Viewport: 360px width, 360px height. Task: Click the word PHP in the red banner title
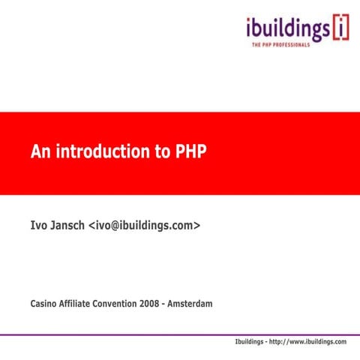tap(190, 153)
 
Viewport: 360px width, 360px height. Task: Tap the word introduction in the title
tap(101, 153)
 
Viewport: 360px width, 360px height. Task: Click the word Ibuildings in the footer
tap(252, 342)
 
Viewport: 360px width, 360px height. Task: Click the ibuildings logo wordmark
tap(287, 30)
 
